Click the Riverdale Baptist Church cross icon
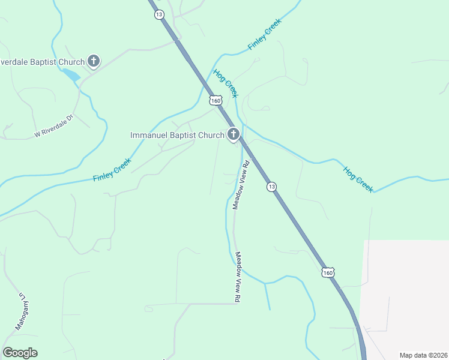[94, 61]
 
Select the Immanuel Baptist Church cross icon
[234, 134]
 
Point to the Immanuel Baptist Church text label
[177, 135]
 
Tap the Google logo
[20, 353]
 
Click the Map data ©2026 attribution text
[423, 355]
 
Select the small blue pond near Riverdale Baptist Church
[71, 75]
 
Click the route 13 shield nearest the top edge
[158, 14]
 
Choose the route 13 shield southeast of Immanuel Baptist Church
[272, 187]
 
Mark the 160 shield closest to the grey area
[328, 272]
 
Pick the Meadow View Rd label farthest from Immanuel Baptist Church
[238, 276]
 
